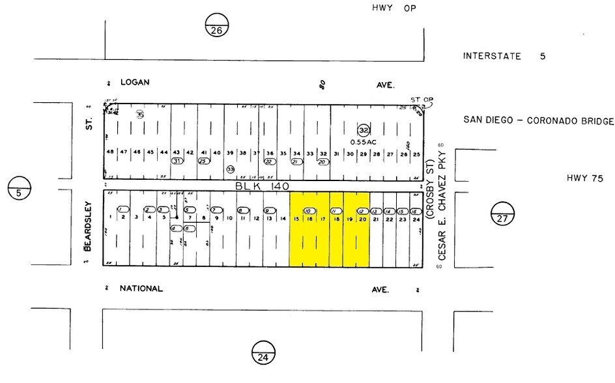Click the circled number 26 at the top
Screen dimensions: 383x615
pos(217,25)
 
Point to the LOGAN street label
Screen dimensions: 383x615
pos(135,83)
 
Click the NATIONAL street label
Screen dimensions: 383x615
pos(141,289)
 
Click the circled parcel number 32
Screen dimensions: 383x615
pos(364,130)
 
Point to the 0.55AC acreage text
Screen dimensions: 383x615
pos(364,142)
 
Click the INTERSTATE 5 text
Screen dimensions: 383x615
pos(504,56)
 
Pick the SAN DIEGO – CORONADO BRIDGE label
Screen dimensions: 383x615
pos(539,121)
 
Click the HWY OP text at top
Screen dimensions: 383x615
pos(393,8)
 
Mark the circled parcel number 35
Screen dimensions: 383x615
pos(139,114)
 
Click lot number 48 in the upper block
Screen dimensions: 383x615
pos(110,152)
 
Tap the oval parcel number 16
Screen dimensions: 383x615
pos(413,211)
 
